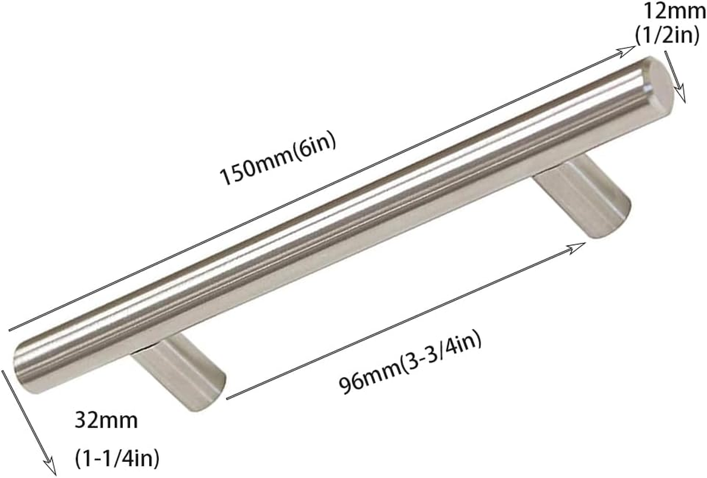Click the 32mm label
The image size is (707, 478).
[106, 421]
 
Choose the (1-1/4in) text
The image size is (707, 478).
[118, 459]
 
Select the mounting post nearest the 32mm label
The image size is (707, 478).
[179, 370]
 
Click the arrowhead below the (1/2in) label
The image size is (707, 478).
[684, 97]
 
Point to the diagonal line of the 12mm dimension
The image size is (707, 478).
[675, 75]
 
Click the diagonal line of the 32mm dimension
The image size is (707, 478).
[27, 418]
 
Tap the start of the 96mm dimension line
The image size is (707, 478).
[230, 397]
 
